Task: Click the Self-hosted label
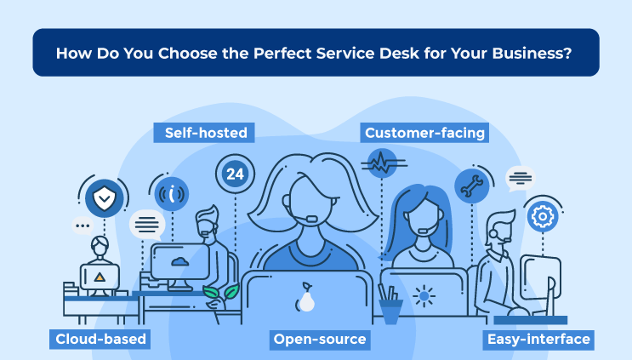coord(204,133)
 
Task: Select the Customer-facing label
coord(424,133)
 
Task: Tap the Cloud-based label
coord(100,339)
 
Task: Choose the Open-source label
coord(320,339)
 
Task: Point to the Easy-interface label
coord(538,339)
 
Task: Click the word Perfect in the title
coord(282,54)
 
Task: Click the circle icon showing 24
coord(235,174)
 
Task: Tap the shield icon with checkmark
coord(105,198)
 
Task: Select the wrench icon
coord(471,186)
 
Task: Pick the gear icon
coord(543,216)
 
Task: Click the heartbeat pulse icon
coord(382,163)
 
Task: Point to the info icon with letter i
coord(172,194)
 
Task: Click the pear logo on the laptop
coord(306,297)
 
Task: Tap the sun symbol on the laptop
coord(424,296)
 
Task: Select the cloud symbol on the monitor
coord(179,262)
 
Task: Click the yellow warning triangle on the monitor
coord(100,277)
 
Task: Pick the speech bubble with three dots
coord(83,226)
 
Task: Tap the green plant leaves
coord(221,292)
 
